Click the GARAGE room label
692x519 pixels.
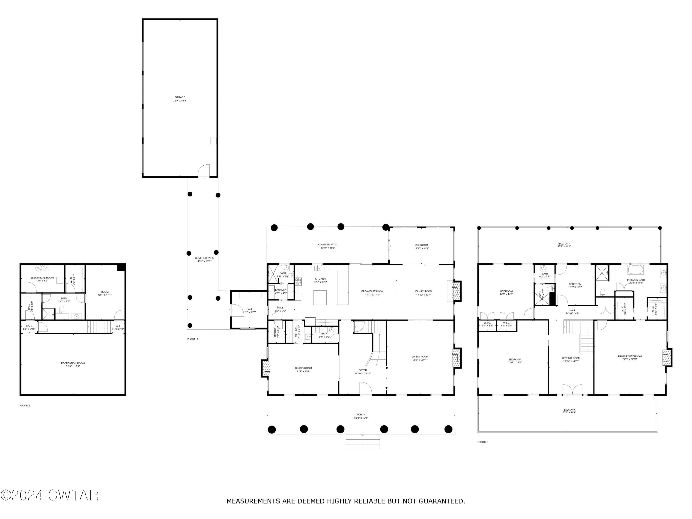[x=180, y=99]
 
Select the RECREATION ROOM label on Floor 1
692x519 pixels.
[x=73, y=365]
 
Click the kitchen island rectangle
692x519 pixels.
[x=320, y=298]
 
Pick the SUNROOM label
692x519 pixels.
[x=421, y=247]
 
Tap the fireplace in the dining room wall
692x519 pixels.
[x=266, y=369]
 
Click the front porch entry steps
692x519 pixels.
[x=363, y=442]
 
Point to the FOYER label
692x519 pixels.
[x=363, y=372]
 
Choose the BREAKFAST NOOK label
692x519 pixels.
[x=372, y=293]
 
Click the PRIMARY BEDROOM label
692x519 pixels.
[x=629, y=358]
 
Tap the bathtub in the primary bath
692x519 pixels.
[x=635, y=270]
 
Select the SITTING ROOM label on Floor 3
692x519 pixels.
[x=571, y=359]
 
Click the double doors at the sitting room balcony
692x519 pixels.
[x=573, y=390]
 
